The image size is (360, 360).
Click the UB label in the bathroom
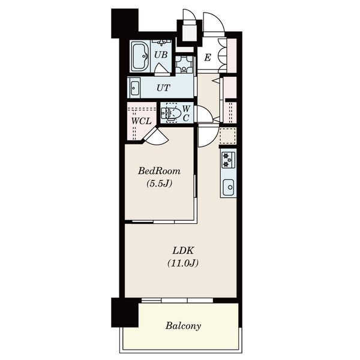click(x=161, y=55)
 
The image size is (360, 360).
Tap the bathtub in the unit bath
click(x=140, y=56)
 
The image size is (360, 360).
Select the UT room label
click(x=163, y=88)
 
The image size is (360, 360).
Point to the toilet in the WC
click(x=171, y=113)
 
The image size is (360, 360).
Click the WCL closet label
click(x=142, y=121)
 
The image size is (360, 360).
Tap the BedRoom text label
click(x=159, y=171)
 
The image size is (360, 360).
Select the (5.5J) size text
click(x=159, y=183)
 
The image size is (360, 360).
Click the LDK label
click(x=183, y=250)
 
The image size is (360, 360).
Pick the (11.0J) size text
click(x=183, y=263)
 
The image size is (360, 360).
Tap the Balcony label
click(x=183, y=326)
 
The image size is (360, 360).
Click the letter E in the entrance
click(x=208, y=58)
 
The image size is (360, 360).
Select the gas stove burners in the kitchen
click(x=229, y=160)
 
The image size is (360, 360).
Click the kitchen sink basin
click(x=229, y=187)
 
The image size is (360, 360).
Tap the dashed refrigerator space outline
click(x=228, y=136)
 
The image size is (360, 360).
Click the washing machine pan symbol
click(x=184, y=64)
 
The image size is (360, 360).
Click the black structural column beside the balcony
click(x=125, y=312)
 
